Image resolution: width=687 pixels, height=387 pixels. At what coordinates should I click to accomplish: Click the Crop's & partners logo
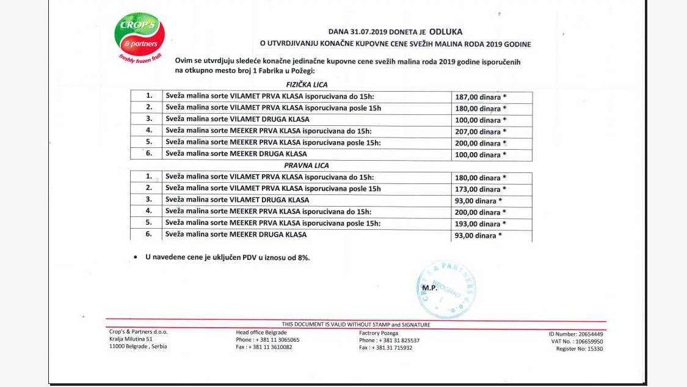coord(140,38)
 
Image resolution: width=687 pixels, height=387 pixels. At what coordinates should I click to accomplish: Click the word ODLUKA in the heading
coord(445,31)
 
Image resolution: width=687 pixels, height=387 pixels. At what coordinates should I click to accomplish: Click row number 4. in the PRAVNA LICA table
coord(148,212)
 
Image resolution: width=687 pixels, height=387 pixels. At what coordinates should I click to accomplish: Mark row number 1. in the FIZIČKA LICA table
coord(148,97)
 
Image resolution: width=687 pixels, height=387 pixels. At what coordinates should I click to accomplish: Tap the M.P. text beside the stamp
coord(429,287)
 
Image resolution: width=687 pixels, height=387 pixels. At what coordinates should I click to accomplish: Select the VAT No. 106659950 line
coord(576,341)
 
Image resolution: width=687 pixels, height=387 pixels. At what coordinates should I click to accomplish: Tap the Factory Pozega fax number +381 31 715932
coord(385,347)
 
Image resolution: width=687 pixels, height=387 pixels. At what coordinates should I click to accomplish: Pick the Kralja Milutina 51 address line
coord(131,339)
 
